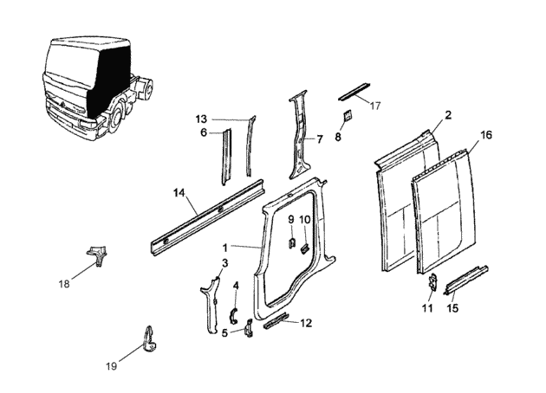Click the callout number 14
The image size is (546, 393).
tap(179, 192)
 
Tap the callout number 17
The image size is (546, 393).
tap(375, 106)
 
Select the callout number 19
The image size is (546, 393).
tap(112, 366)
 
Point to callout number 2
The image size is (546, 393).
tap(448, 115)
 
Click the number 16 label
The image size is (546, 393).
tap(486, 134)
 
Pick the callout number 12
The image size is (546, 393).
tap(306, 323)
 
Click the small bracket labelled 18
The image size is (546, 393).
tap(97, 254)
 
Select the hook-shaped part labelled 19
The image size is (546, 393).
tap(149, 339)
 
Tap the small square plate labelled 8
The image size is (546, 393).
tap(348, 115)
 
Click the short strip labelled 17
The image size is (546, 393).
tap(354, 92)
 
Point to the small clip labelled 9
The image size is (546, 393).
tap(292, 242)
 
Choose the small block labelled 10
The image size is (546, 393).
tap(305, 248)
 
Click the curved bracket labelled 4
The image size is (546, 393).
tap(233, 315)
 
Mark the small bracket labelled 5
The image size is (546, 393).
tap(249, 328)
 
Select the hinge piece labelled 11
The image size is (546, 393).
tap(432, 281)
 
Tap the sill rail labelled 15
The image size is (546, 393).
tap(466, 280)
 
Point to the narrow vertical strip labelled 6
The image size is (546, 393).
tap(227, 158)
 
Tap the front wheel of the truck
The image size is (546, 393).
tap(115, 119)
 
